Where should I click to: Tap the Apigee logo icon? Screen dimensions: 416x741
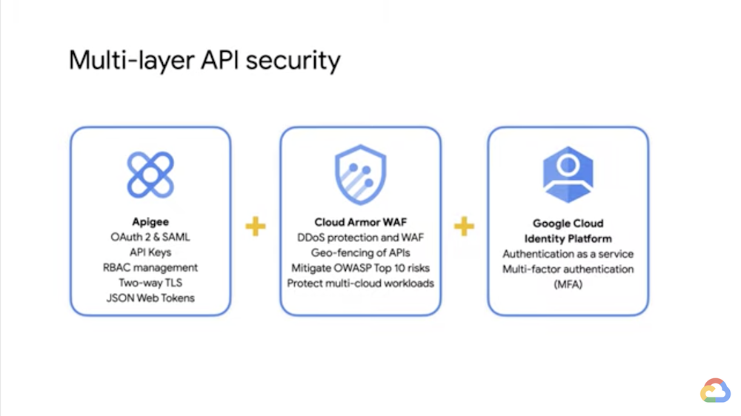(x=150, y=175)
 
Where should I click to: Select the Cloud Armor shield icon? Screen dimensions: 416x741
(x=360, y=175)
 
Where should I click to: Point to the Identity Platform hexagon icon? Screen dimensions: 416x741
(x=568, y=175)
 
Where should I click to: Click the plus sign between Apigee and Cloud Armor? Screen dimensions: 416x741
(x=256, y=226)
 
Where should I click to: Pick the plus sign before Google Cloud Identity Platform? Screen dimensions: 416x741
(x=464, y=226)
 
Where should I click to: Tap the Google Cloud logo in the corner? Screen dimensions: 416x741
(x=715, y=390)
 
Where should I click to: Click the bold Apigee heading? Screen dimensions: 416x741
(x=150, y=222)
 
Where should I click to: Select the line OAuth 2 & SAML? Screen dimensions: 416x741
(x=150, y=237)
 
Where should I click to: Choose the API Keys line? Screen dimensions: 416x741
(x=150, y=252)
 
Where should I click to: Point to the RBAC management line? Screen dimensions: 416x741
(x=150, y=267)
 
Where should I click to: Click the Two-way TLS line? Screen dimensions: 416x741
(x=150, y=283)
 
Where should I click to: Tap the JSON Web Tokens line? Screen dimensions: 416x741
(x=150, y=298)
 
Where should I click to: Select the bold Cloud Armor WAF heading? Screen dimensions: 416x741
(x=360, y=222)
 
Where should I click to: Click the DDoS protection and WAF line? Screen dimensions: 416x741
(x=360, y=237)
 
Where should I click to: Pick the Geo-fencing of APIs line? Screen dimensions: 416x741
(x=360, y=252)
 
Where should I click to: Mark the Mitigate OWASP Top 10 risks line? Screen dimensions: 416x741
(x=360, y=267)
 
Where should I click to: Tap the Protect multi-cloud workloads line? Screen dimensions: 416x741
(x=360, y=283)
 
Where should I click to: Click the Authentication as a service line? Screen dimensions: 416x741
(x=568, y=254)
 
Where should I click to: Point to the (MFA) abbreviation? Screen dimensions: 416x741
(x=568, y=284)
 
